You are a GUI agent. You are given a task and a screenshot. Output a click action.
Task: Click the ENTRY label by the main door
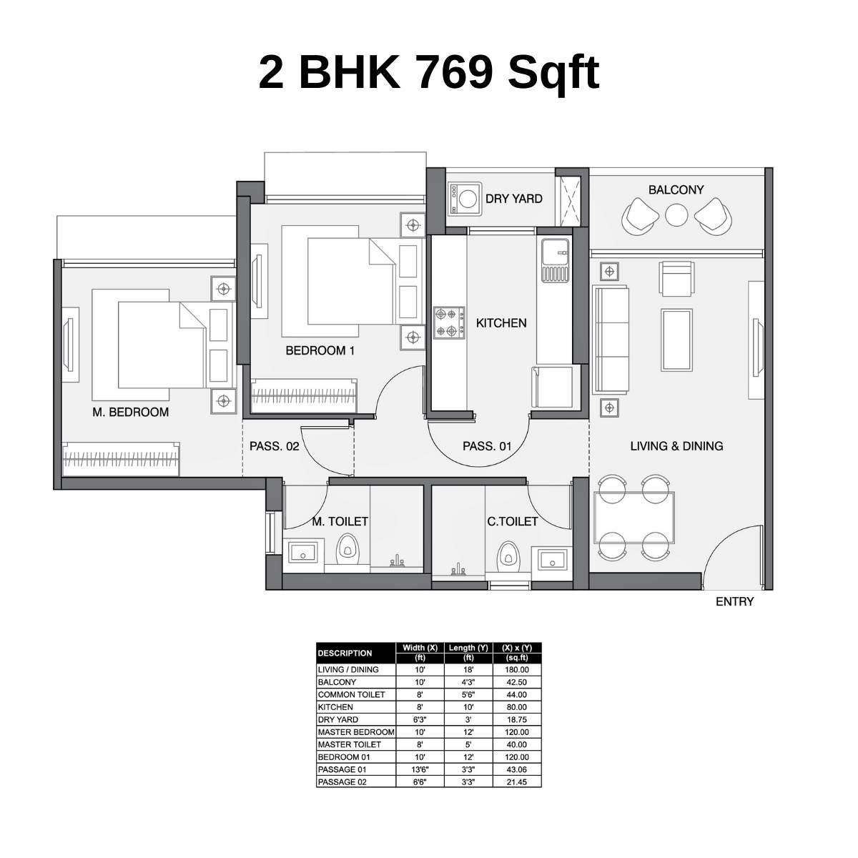[x=734, y=602]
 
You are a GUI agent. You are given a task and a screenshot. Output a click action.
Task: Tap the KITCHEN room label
[x=501, y=323]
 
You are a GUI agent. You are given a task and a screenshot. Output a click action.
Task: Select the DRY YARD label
[x=513, y=199]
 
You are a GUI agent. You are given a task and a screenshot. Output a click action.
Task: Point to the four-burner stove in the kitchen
[x=448, y=322]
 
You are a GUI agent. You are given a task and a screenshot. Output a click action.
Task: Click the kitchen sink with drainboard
[x=555, y=260]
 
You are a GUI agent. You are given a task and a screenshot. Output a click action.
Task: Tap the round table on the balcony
[x=676, y=214]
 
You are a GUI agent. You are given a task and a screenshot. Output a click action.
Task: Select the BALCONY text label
[x=676, y=189]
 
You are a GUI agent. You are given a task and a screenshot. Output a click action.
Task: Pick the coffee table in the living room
[x=676, y=339]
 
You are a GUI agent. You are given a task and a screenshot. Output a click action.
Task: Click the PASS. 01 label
[x=487, y=446]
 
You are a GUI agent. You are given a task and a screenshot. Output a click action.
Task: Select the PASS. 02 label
[x=274, y=446]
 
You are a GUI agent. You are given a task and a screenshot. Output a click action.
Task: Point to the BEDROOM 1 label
[x=320, y=351]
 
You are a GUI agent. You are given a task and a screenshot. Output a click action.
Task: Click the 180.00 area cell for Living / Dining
[x=517, y=670]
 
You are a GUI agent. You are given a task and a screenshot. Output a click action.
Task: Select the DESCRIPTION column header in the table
[x=345, y=653]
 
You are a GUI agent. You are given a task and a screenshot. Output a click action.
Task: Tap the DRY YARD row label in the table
[x=338, y=719]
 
